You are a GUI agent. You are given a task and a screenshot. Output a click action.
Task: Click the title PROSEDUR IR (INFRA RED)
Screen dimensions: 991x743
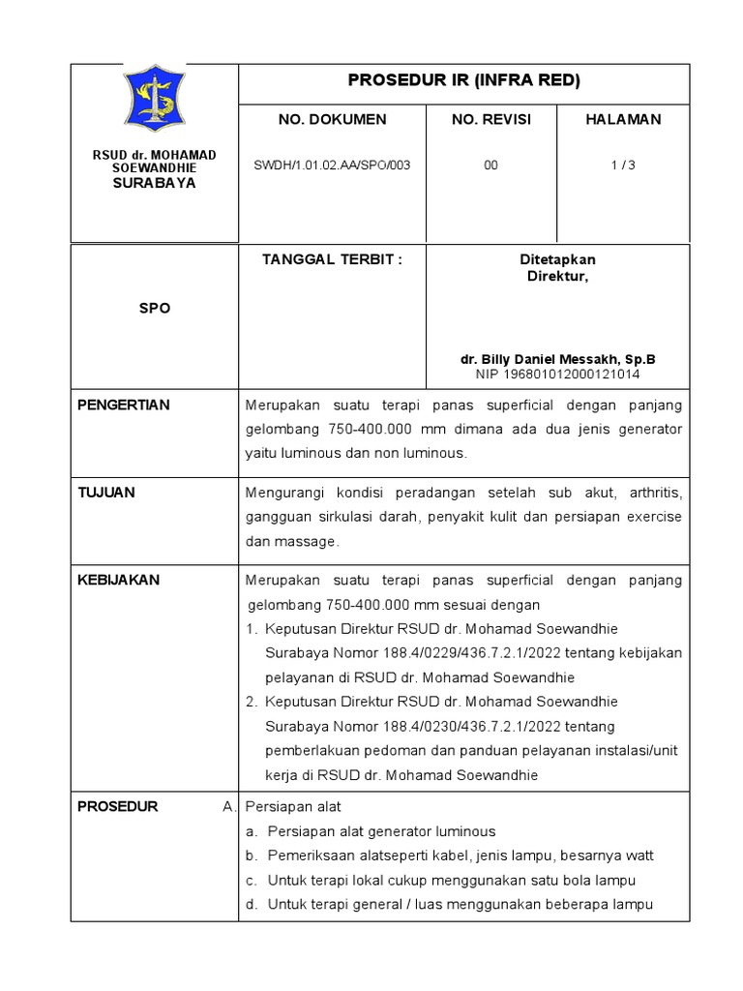pyautogui.click(x=463, y=81)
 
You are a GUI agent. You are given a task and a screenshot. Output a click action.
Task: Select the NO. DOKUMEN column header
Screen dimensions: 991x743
pyautogui.click(x=332, y=119)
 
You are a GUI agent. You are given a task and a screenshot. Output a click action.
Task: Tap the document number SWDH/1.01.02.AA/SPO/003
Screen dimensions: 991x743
pyautogui.click(x=332, y=165)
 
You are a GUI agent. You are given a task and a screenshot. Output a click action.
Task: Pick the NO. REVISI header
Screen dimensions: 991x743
pyautogui.click(x=490, y=119)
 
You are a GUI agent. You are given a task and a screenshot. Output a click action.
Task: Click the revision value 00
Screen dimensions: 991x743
pyautogui.click(x=490, y=165)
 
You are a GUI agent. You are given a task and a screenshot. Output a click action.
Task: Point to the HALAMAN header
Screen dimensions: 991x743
pyautogui.click(x=623, y=119)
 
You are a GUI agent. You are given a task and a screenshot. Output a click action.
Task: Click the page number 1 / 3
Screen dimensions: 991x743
pyautogui.click(x=623, y=165)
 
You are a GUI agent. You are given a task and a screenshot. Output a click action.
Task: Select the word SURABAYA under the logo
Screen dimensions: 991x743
pyautogui.click(x=155, y=182)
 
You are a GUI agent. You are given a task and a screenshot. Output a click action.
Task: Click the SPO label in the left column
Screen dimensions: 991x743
pyautogui.click(x=155, y=308)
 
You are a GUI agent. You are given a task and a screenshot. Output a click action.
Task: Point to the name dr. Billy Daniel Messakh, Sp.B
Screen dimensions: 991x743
pyautogui.click(x=557, y=358)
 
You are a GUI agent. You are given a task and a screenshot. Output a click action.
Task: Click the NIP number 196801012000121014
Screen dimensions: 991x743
pyautogui.click(x=557, y=373)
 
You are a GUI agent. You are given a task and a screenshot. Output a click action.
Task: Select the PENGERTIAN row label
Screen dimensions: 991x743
pyautogui.click(x=123, y=405)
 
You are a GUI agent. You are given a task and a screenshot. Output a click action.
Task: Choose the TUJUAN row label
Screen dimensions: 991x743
pyautogui.click(x=106, y=492)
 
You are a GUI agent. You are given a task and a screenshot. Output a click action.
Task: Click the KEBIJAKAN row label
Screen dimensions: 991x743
pyautogui.click(x=118, y=580)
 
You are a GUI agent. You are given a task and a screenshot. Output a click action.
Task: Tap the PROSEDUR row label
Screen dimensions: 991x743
pyautogui.click(x=117, y=806)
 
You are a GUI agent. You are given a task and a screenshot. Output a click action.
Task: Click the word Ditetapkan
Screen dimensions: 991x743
pyautogui.click(x=557, y=260)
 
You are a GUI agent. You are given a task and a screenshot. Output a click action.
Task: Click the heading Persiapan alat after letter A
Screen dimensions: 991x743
pyautogui.click(x=293, y=806)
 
